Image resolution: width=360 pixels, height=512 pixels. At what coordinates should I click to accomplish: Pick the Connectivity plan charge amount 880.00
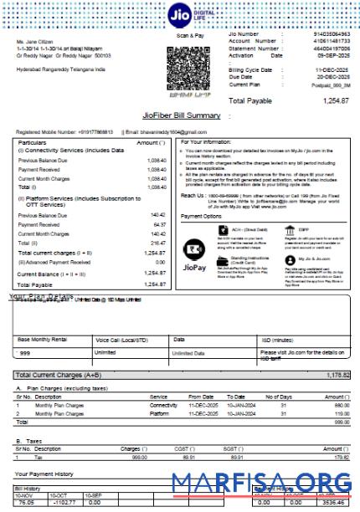click(338, 404)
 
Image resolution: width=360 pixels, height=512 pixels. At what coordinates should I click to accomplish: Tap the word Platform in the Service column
click(159, 413)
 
